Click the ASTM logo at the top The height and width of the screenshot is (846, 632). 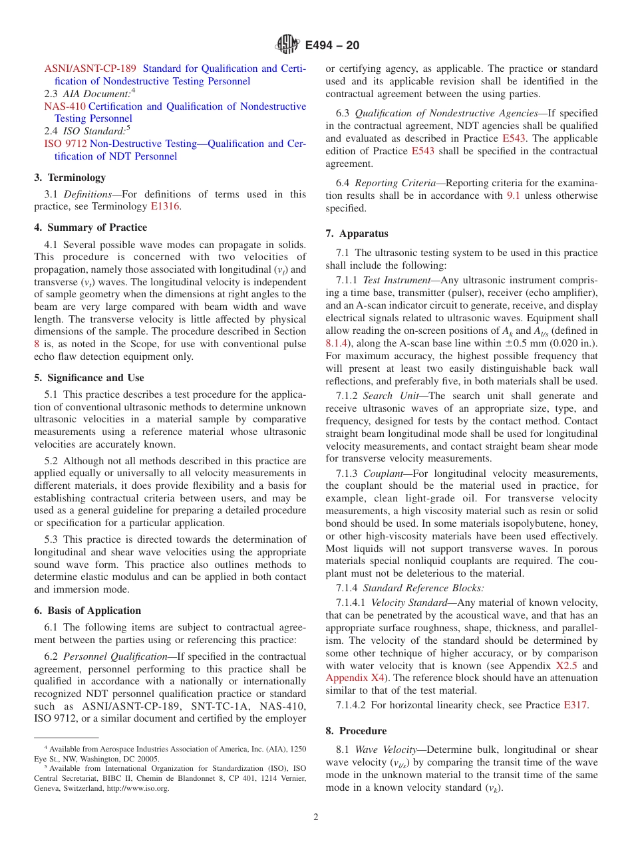pyautogui.click(x=287, y=45)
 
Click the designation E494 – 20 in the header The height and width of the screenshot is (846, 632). pyautogui.click(x=332, y=45)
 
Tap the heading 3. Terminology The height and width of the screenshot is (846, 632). pyautogui.click(x=70, y=178)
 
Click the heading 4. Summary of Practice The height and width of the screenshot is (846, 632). pyautogui.click(x=90, y=227)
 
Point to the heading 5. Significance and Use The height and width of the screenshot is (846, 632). pyautogui.click(x=89, y=378)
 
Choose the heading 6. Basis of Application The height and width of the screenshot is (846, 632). pyautogui.click(x=87, y=611)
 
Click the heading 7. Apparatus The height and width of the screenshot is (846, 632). pyautogui.click(x=357, y=233)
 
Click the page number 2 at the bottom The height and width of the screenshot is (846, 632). pyautogui.click(x=316, y=817)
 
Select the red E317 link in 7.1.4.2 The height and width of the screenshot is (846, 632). pyautogui.click(x=575, y=705)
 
